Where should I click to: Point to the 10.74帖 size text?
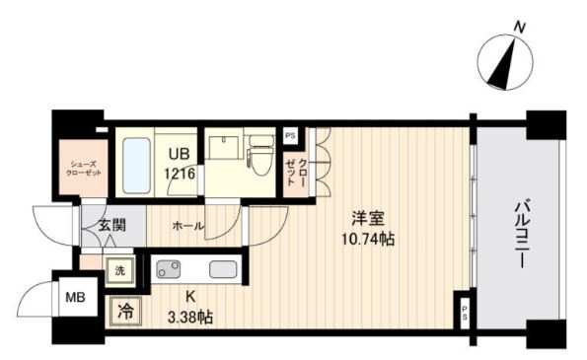click(x=367, y=239)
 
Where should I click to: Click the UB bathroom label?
click(x=179, y=153)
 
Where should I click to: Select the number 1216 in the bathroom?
click(x=180, y=172)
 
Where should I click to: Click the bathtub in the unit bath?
click(x=136, y=163)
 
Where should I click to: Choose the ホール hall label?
click(x=188, y=226)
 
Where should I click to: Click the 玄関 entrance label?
click(x=111, y=225)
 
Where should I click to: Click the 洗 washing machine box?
click(x=118, y=269)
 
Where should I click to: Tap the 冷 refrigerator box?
click(x=125, y=309)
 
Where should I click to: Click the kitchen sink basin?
click(x=223, y=267)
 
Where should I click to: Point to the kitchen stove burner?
click(x=168, y=267)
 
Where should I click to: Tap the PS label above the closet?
click(x=290, y=136)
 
